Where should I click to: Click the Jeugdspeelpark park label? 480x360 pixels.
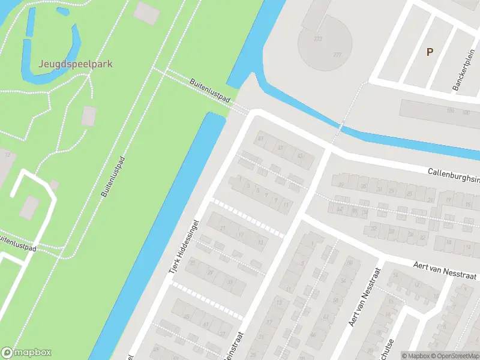click(x=76, y=64)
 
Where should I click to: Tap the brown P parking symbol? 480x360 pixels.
click(x=430, y=52)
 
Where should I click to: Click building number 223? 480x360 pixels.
click(x=317, y=39)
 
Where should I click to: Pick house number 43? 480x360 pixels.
click(x=299, y=156)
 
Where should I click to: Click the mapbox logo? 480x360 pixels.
click(x=26, y=353)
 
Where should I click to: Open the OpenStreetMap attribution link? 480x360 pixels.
click(x=455, y=356)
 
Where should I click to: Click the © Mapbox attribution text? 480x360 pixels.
click(x=415, y=356)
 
